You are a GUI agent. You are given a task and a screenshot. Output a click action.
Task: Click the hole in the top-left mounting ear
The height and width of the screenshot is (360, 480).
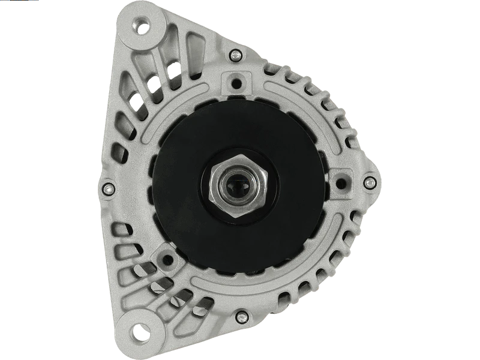(142, 26)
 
